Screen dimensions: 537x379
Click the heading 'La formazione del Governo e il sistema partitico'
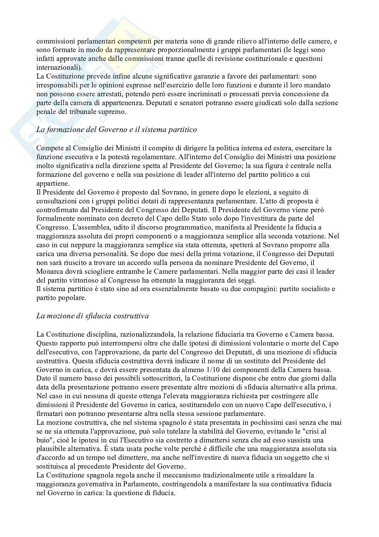pos(116,130)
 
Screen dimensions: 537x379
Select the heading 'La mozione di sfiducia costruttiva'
pos(92,316)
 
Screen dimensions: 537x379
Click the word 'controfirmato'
pos(55,209)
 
